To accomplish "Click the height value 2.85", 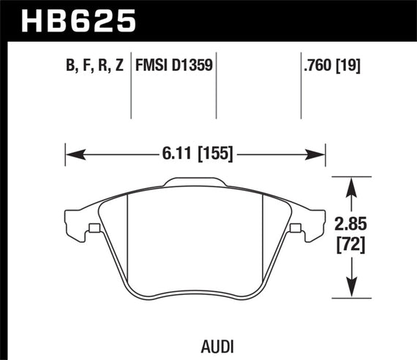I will point(353,223).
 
